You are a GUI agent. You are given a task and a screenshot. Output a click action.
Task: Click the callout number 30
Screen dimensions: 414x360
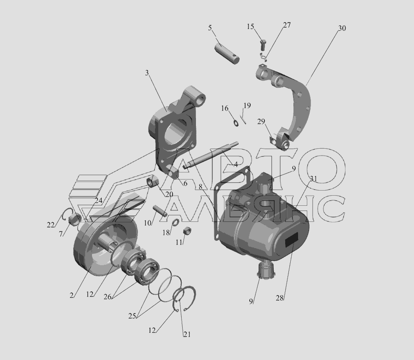click(x=342, y=28)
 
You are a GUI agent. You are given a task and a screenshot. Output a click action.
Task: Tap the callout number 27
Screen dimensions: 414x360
click(x=287, y=25)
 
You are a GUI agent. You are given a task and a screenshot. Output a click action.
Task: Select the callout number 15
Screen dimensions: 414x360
click(x=250, y=26)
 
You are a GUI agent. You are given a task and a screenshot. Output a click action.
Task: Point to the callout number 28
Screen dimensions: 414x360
click(x=280, y=298)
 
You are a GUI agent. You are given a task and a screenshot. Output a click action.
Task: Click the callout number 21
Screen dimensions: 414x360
click(x=187, y=334)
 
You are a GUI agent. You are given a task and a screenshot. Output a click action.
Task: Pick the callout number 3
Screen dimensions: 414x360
click(x=147, y=73)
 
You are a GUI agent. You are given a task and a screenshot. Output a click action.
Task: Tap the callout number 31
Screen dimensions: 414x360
click(x=313, y=179)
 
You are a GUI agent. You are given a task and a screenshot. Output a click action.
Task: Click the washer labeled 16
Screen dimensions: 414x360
click(x=236, y=123)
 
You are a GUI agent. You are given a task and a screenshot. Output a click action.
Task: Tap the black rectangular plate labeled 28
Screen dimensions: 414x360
click(x=292, y=240)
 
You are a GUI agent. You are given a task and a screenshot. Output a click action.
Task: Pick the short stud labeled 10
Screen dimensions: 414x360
click(x=160, y=211)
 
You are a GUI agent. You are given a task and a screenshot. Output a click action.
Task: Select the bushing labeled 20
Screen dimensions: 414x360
click(x=152, y=182)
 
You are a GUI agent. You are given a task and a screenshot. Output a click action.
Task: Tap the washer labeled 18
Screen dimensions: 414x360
click(x=176, y=223)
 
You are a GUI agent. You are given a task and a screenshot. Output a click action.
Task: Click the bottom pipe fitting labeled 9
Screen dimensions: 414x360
click(x=267, y=270)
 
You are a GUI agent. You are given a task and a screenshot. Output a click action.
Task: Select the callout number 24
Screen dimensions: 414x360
click(x=98, y=201)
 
